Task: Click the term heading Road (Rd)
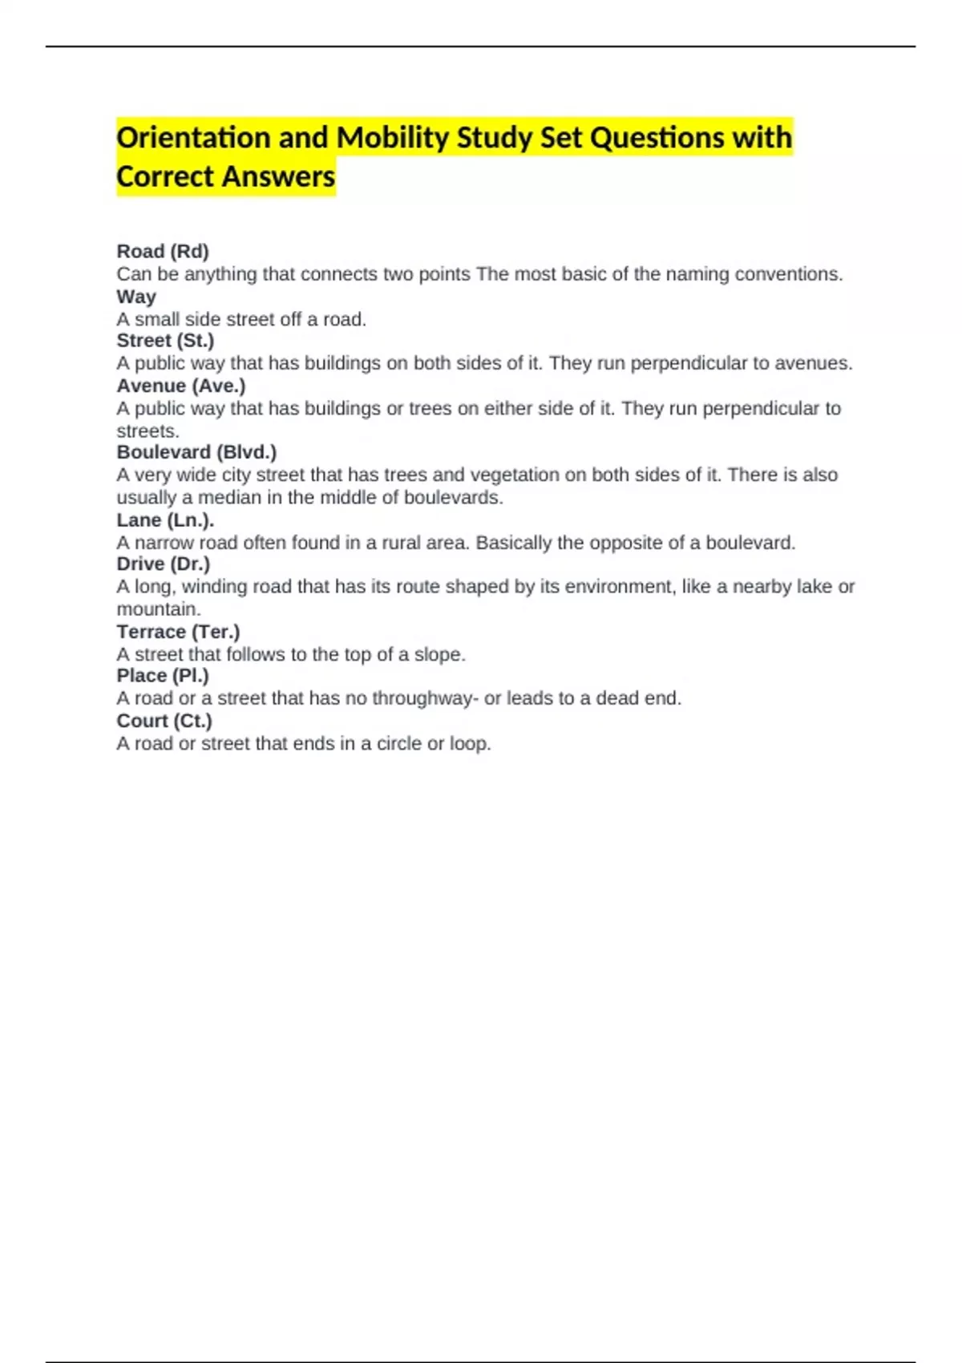163,252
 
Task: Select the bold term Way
136,297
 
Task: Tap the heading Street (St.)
165,341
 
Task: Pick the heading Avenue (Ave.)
181,386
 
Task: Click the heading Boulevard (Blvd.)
196,452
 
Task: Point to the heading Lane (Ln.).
165,520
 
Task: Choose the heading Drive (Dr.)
163,564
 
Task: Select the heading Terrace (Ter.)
178,632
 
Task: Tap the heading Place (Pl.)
162,676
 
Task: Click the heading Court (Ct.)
164,721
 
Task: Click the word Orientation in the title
193,138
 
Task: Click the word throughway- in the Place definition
425,698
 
